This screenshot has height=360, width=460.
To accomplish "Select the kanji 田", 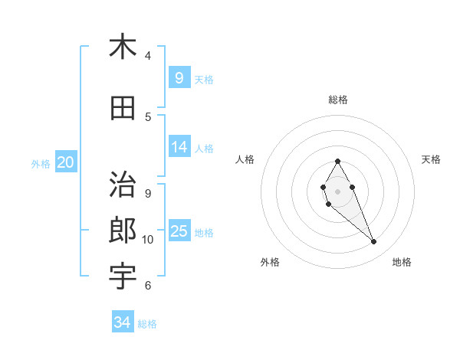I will coord(123,109).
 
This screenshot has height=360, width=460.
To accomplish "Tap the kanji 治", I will coord(123,185).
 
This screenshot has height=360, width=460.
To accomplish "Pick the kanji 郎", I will coord(123,230).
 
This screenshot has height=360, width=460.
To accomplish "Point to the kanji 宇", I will coord(123,276).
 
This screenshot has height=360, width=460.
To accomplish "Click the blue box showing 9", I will coord(179,77).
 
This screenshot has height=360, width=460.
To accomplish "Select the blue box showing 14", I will coord(179,147).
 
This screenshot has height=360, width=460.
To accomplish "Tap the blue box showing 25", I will coord(179,231).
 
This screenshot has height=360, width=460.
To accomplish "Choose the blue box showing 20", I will coord(66,162).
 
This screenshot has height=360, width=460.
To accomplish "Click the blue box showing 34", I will coord(123,322).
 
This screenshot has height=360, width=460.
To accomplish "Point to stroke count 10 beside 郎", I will coord(148,240).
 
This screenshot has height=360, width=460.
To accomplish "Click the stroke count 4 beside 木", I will coord(148,55).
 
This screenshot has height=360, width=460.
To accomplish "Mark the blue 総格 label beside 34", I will coord(148,324).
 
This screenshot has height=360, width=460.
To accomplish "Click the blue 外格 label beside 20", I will coord(41,163).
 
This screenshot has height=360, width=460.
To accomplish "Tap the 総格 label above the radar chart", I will coord(338,100).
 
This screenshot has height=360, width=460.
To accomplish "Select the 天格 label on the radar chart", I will coord(432,159).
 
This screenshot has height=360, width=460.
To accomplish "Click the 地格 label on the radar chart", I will coord(402,262).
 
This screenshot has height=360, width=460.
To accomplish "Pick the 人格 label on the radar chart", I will coord(245,159).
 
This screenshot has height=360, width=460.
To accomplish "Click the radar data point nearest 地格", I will coord(373,242).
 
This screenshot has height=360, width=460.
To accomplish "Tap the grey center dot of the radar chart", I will coord(338,191).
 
